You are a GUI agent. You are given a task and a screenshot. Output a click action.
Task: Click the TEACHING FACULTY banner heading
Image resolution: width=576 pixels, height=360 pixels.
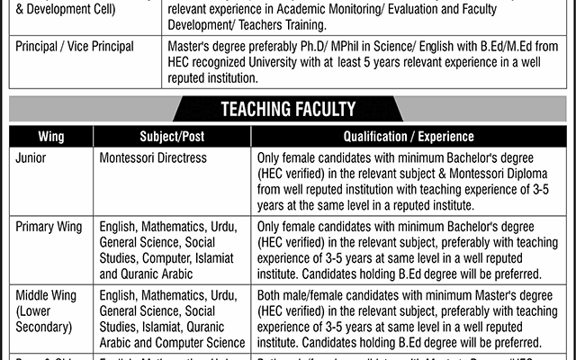coord(288,111)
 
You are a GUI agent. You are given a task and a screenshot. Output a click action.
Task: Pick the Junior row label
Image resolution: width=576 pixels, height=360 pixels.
coord(33,157)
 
